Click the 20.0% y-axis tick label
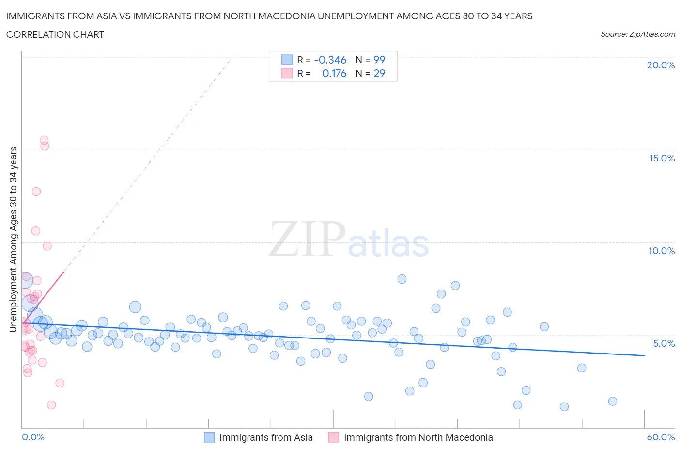(x=661, y=65)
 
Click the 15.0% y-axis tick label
(x=662, y=158)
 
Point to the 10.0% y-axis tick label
(x=662, y=251)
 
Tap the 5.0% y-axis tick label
(x=664, y=343)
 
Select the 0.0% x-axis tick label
(x=33, y=437)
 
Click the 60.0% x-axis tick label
(x=661, y=437)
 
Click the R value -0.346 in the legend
(x=330, y=60)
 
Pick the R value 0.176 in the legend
(x=334, y=73)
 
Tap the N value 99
(x=379, y=60)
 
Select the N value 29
(x=379, y=73)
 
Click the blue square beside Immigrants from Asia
(x=209, y=437)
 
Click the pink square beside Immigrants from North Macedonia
(x=333, y=437)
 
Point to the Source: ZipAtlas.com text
(x=637, y=34)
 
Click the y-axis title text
(x=13, y=240)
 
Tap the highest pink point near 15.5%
(x=44, y=140)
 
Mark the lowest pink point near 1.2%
(x=51, y=405)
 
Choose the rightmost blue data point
(x=613, y=401)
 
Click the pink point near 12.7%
(x=36, y=192)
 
